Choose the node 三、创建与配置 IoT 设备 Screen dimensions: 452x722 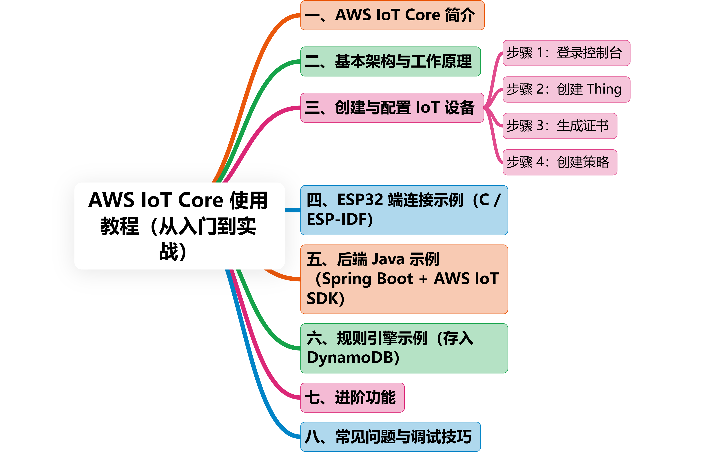click(392, 108)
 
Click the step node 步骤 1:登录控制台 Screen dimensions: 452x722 click(566, 53)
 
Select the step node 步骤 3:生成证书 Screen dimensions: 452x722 click(560, 126)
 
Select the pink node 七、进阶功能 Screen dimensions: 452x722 click(352, 398)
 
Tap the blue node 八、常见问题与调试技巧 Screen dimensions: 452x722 click(390, 437)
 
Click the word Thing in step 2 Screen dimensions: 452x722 click(604, 89)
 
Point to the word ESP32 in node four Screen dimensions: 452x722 click(360, 200)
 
